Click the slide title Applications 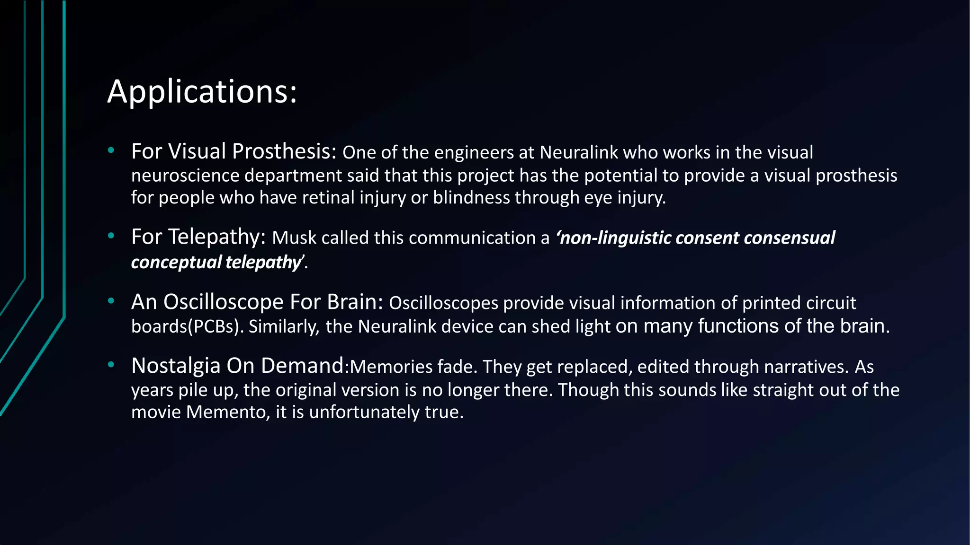click(x=202, y=91)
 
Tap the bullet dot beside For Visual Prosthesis click(x=111, y=151)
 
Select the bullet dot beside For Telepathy click(x=111, y=236)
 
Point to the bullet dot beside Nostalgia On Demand click(x=111, y=365)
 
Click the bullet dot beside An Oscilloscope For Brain click(x=111, y=301)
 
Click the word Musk click(x=294, y=238)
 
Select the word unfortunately click(x=364, y=412)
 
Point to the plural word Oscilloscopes click(x=443, y=303)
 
